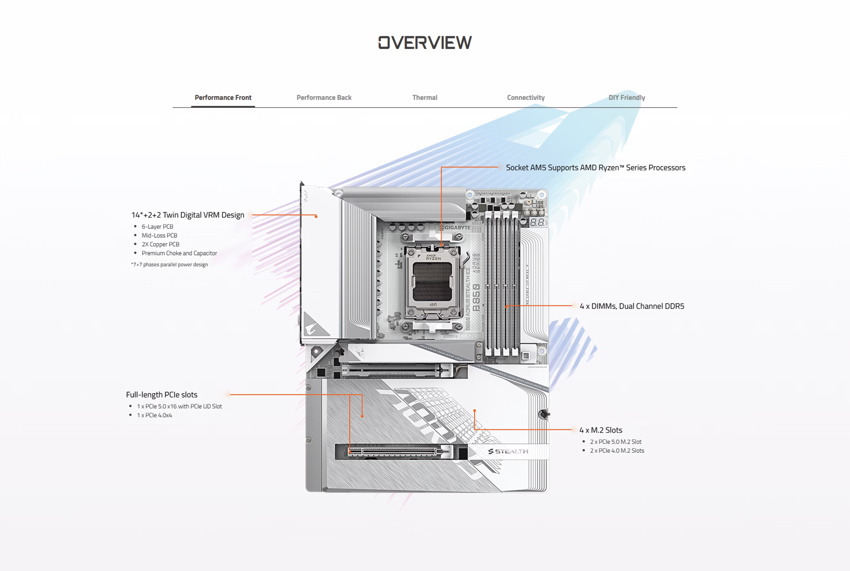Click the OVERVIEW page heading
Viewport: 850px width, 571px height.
(x=425, y=43)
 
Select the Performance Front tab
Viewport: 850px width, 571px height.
(x=223, y=98)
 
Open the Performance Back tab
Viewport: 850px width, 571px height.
(x=324, y=98)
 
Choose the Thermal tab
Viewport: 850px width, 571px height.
(x=424, y=98)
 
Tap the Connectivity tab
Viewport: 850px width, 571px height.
(x=526, y=98)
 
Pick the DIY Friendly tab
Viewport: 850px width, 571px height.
(x=627, y=98)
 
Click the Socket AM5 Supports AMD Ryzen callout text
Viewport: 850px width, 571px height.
(x=595, y=168)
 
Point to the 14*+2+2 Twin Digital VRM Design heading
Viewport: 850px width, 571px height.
(x=188, y=215)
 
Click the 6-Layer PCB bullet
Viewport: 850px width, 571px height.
(x=157, y=226)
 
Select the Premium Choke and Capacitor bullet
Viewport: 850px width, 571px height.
(x=179, y=253)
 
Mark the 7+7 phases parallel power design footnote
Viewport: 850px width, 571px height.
(x=170, y=265)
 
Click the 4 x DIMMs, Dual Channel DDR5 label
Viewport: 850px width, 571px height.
(x=632, y=306)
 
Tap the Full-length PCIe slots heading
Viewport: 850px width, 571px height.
(x=161, y=395)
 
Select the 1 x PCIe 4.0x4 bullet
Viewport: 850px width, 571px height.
(x=154, y=415)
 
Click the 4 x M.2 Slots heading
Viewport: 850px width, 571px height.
(x=601, y=430)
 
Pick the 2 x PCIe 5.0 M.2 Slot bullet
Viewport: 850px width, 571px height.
(x=616, y=442)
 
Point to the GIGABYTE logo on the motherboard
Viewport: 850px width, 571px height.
(x=457, y=228)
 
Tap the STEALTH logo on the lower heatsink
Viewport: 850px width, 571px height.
(x=508, y=452)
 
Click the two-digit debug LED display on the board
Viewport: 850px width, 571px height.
(x=537, y=222)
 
